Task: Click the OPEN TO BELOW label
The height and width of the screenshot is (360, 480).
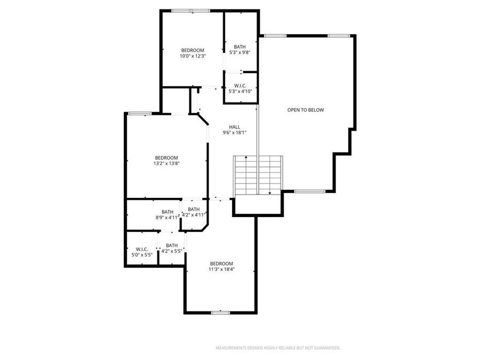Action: click(306, 110)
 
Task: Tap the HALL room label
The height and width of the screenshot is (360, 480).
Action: click(235, 127)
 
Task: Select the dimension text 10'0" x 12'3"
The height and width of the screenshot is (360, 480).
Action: click(193, 55)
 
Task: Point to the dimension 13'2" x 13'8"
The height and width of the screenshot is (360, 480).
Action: click(166, 163)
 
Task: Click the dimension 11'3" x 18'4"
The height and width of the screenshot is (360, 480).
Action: click(221, 269)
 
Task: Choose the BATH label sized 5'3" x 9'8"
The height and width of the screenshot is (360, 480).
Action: click(239, 46)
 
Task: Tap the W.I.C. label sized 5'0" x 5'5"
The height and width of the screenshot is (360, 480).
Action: click(142, 249)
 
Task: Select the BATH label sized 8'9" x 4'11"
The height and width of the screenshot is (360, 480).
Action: click(167, 212)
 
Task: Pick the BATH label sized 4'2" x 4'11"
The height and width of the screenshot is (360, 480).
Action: click(194, 209)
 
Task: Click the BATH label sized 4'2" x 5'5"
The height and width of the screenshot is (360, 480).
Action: click(172, 245)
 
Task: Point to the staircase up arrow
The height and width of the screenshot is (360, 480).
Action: click(246, 157)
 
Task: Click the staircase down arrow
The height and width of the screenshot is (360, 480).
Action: click(270, 193)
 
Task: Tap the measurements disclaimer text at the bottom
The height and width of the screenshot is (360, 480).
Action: click(277, 348)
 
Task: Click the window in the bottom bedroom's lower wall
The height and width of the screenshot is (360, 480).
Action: click(220, 313)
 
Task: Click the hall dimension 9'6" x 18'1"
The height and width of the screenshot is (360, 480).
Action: click(235, 133)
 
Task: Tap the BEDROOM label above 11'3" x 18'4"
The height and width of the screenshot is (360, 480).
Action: click(221, 263)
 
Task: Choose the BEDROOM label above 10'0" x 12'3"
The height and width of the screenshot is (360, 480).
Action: click(193, 50)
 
